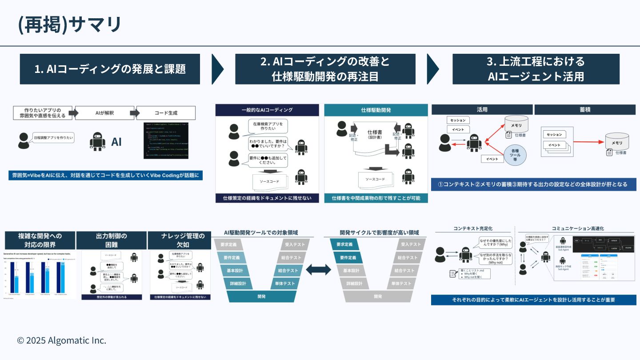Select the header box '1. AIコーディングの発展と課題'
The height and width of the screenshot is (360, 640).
coord(110,69)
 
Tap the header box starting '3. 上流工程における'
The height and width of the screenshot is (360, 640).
coord(536,69)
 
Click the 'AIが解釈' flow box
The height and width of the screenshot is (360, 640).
coord(104,113)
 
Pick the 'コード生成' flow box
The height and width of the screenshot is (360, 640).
coord(165,113)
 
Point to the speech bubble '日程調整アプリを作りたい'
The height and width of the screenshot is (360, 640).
coord(53,138)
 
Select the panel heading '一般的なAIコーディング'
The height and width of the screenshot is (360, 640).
coord(267,110)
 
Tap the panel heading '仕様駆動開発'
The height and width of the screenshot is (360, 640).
coord(376,110)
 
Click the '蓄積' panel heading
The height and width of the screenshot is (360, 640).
coord(585,109)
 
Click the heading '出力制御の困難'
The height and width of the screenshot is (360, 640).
coord(112,240)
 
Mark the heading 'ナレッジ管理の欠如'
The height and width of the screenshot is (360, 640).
coord(183,240)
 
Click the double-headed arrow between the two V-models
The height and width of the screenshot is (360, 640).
coord(318,269)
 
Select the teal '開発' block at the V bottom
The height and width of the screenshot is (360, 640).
coord(261,296)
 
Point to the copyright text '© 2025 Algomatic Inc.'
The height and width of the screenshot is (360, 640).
coord(62,340)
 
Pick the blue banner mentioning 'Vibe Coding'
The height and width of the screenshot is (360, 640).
coord(105,175)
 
